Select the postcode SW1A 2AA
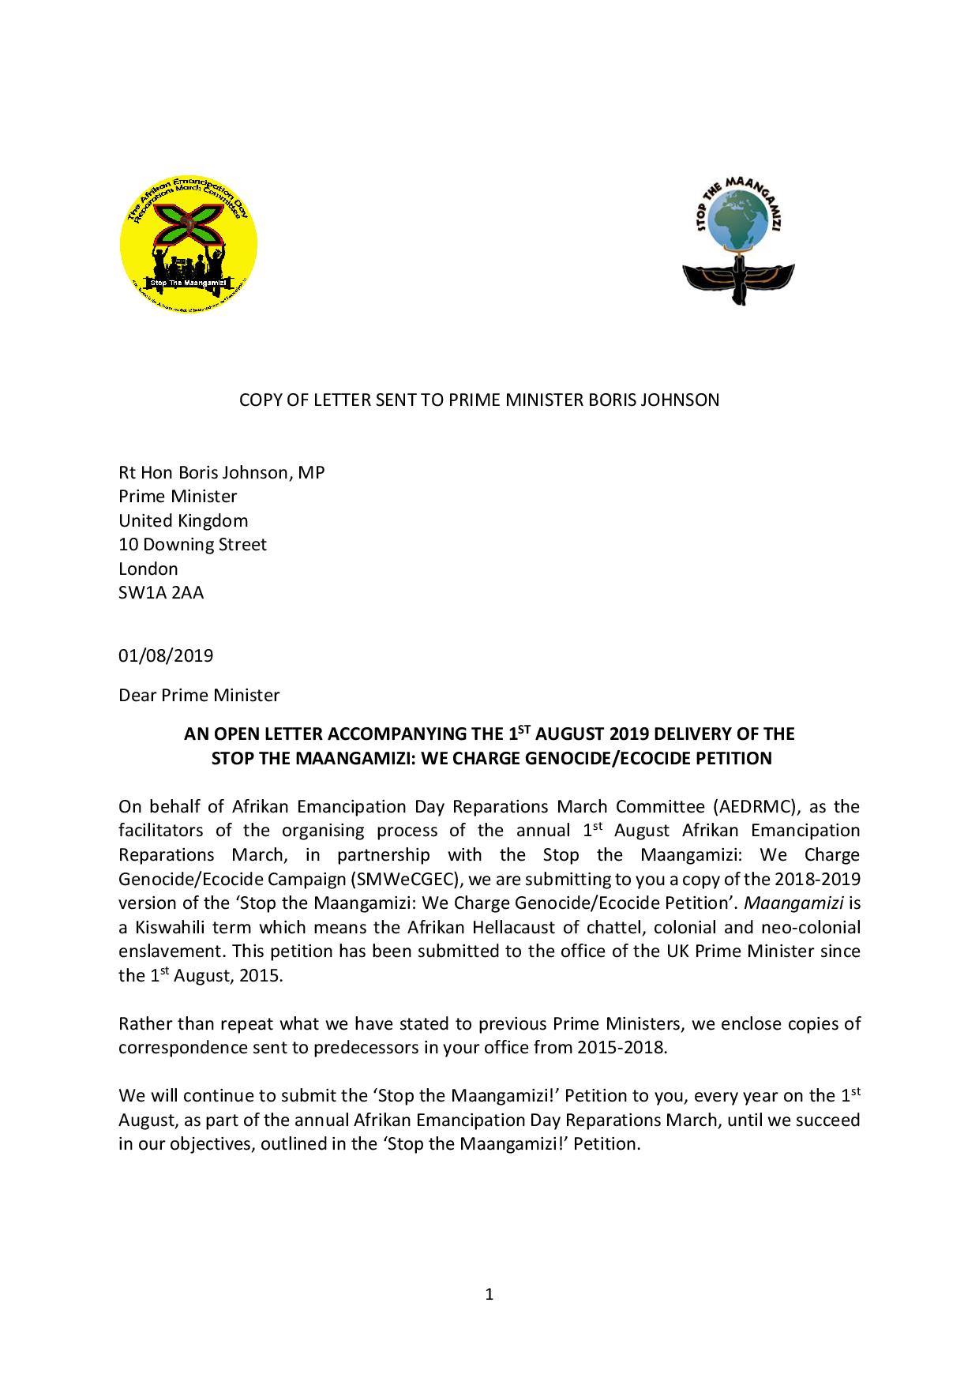[x=161, y=592]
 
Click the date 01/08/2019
[x=166, y=655]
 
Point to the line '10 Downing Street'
[x=193, y=544]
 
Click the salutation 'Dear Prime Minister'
[x=199, y=695]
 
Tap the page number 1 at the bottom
[x=489, y=1293]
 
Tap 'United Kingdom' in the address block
[x=183, y=520]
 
